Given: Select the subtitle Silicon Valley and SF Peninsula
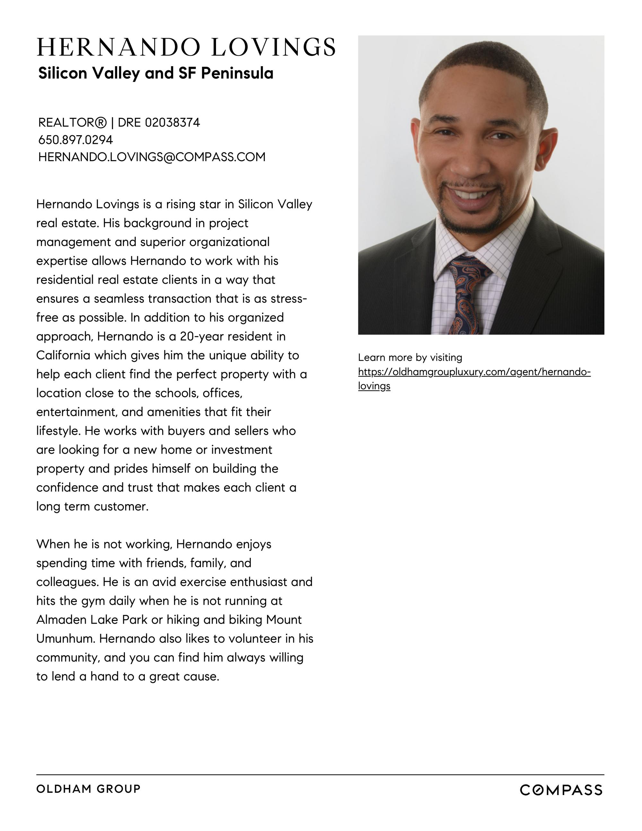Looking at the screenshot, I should pos(156,73).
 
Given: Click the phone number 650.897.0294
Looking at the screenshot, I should pos(75,140).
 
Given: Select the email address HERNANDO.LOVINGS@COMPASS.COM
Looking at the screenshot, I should pos(152,157).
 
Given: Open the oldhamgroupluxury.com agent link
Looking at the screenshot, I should pos(474,372).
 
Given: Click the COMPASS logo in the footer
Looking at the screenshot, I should pos(561,790).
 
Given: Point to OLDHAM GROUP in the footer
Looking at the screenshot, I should pos(88,789).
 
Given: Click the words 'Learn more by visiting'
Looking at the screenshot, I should pos(410,358).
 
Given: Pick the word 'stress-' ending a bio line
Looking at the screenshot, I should pos(289,299).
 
